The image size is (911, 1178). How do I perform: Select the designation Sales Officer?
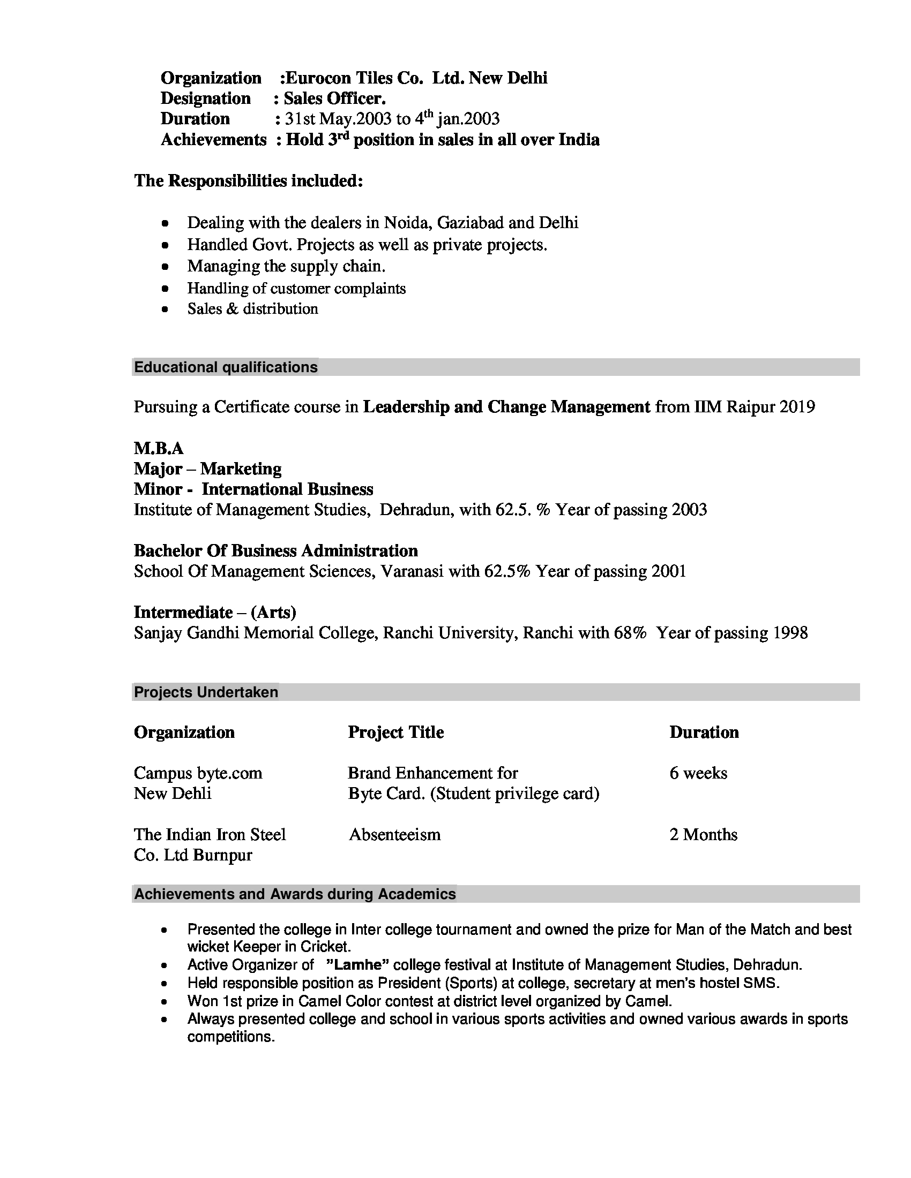[x=334, y=99]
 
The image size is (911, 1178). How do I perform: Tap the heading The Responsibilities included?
[x=248, y=180]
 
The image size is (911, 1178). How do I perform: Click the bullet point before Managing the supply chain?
[x=166, y=267]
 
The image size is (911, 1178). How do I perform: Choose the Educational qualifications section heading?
[x=226, y=367]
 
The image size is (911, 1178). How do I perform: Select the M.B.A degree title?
[x=159, y=448]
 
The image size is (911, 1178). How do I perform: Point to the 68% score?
[x=630, y=633]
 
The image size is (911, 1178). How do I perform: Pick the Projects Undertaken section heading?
[x=206, y=692]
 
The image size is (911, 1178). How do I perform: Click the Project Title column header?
[x=395, y=733]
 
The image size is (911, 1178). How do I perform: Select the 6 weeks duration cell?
[x=698, y=774]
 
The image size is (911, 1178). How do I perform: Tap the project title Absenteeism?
[x=394, y=835]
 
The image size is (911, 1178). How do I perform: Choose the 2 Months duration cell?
[x=703, y=835]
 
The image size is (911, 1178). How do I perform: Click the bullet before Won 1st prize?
[x=166, y=1002]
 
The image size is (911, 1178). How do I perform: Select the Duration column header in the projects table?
[x=704, y=733]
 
